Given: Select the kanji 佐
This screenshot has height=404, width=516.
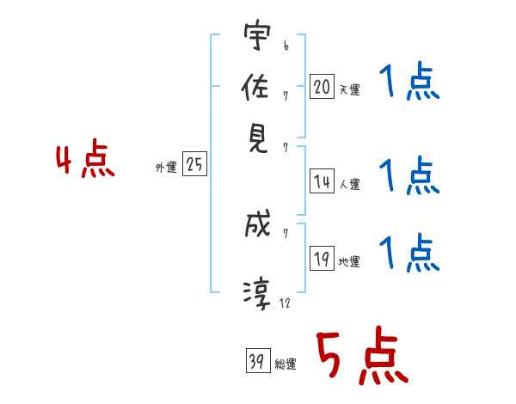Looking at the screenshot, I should [x=257, y=88].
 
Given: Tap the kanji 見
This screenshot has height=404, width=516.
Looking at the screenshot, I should [x=257, y=138].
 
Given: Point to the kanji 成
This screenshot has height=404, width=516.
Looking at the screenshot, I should [x=257, y=226].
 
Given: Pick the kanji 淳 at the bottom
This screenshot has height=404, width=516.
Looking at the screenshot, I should [x=257, y=293].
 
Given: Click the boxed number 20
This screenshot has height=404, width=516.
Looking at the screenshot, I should [x=322, y=86].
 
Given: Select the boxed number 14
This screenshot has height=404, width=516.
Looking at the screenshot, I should [x=322, y=181].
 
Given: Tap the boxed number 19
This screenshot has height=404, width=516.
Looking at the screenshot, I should [x=322, y=259].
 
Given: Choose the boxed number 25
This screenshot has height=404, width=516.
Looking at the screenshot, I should [x=194, y=165].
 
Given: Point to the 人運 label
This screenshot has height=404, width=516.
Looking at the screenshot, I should [x=349, y=183].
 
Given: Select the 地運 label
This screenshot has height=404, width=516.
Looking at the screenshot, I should [x=349, y=262].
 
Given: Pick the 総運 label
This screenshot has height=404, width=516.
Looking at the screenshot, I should [x=285, y=364].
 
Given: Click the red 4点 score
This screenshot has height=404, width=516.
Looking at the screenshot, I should [x=84, y=161].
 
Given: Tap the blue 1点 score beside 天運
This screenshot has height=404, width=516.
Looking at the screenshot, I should [x=409, y=83].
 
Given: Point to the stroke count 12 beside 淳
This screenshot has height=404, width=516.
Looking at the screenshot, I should [x=286, y=303].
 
